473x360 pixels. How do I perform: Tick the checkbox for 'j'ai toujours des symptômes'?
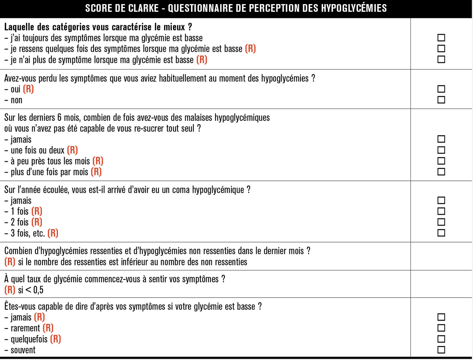coord(441,38)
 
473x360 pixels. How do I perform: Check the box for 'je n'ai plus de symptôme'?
coord(441,59)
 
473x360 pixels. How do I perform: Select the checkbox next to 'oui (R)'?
coord(441,89)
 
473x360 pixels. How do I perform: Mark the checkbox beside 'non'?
coord(441,100)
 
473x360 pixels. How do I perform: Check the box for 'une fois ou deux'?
coord(441,150)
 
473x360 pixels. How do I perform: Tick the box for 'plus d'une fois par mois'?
coord(441,171)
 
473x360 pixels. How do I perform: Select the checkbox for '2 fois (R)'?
coord(441,222)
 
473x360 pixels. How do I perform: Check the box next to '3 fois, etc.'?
coord(441,233)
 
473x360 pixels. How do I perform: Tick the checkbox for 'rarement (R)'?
coord(441,328)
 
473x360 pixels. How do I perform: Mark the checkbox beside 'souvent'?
coord(441,350)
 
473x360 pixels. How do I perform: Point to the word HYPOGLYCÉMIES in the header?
coord(354,8)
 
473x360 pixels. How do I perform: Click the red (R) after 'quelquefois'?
coord(55,339)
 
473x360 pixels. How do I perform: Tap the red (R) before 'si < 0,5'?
coord(10,290)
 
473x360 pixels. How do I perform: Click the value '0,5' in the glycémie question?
coord(38,290)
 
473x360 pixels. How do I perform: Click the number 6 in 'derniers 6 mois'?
coord(59,118)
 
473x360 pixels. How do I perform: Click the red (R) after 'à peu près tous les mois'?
coord(98,161)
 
